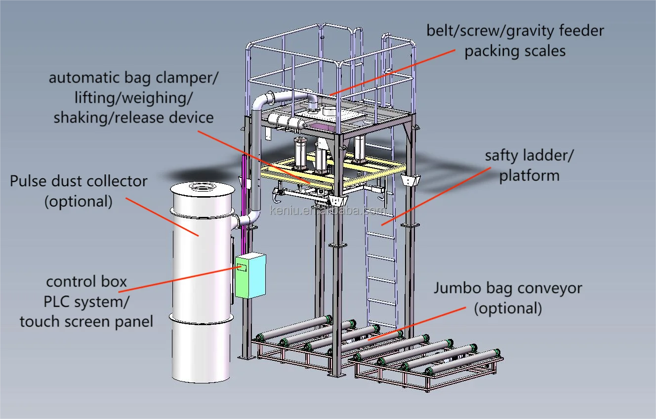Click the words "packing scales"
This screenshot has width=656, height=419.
coord(515,51)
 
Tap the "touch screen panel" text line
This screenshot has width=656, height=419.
coord(86,322)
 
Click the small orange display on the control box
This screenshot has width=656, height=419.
coord(243,267)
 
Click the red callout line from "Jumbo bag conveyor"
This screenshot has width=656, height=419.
coord(415,323)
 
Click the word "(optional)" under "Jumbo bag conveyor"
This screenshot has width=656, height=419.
coord(508,308)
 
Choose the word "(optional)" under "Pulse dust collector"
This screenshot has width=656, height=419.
coord(79,202)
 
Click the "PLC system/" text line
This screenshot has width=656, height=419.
coord(86,301)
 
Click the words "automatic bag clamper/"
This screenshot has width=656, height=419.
coord(133,78)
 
